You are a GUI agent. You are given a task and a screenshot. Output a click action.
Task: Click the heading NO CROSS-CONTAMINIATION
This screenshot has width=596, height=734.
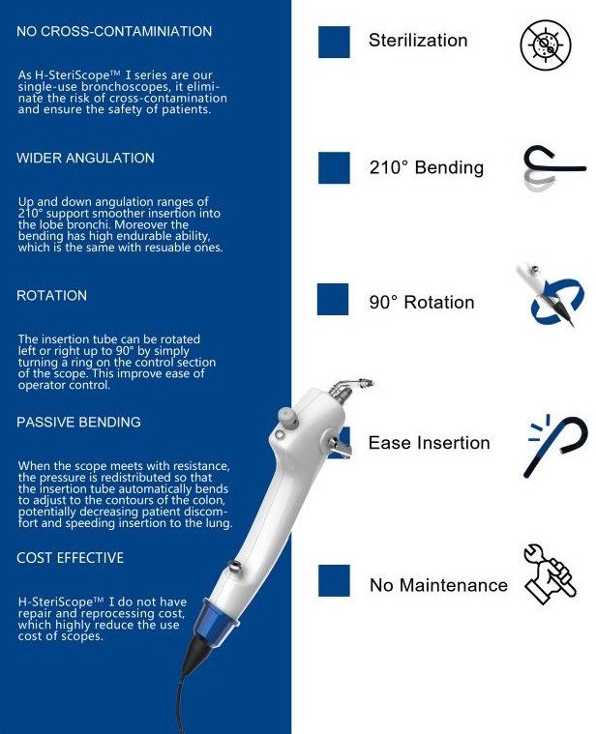pos(114,31)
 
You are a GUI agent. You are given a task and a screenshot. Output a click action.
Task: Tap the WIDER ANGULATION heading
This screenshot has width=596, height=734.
pos(85,158)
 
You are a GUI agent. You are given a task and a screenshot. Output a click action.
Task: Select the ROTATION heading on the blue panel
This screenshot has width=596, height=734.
pos(51,295)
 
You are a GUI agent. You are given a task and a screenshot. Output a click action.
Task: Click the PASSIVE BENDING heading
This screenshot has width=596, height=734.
pos(78,422)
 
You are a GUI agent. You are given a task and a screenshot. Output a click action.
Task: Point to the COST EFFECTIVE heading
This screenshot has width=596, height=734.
pos(71,558)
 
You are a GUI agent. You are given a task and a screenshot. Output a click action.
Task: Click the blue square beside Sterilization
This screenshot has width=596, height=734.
pos(334,42)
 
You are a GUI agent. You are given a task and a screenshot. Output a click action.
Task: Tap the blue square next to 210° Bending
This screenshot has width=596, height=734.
pos(334,167)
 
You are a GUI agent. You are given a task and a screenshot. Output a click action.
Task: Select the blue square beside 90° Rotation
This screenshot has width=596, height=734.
pos(333,299)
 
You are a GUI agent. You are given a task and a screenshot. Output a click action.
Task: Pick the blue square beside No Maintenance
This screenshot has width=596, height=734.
pos(334,580)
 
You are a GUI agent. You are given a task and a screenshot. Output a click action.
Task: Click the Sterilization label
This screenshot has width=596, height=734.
pos(418,41)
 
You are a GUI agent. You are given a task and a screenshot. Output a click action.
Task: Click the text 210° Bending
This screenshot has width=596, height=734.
pos(427,167)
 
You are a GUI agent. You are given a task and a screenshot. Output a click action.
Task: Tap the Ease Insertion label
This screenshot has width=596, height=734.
pos(430,443)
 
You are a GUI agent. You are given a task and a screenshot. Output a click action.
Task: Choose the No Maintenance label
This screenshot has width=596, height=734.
pos(438,585)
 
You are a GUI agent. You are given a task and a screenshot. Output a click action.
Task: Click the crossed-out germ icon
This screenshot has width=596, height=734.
pos(546,44)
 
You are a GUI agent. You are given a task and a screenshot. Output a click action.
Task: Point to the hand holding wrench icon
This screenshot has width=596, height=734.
pos(550,573)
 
